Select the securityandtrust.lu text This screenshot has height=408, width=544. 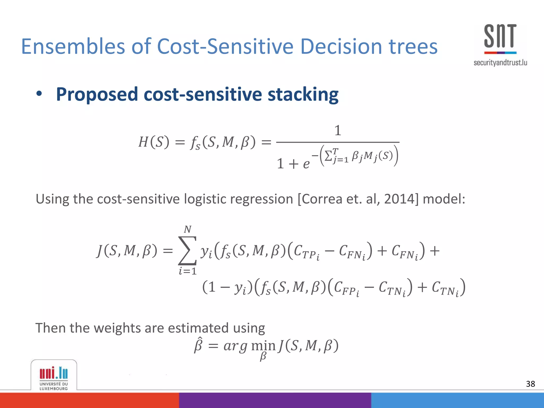pyautogui.click(x=500, y=63)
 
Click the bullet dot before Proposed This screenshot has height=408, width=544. pyautogui.click(x=39, y=94)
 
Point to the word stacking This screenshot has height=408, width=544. pyautogui.click(x=303, y=94)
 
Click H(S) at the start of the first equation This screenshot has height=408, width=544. pyautogui.click(x=154, y=142)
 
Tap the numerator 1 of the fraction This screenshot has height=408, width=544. pyautogui.click(x=338, y=130)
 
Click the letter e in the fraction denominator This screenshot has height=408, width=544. pyautogui.click(x=306, y=164)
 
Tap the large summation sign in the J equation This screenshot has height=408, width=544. pyautogui.click(x=188, y=250)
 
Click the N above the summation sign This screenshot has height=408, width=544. pyautogui.click(x=188, y=229)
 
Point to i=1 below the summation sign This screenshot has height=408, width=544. pyautogui.click(x=188, y=271)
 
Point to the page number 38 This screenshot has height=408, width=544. pyautogui.click(x=530, y=384)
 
